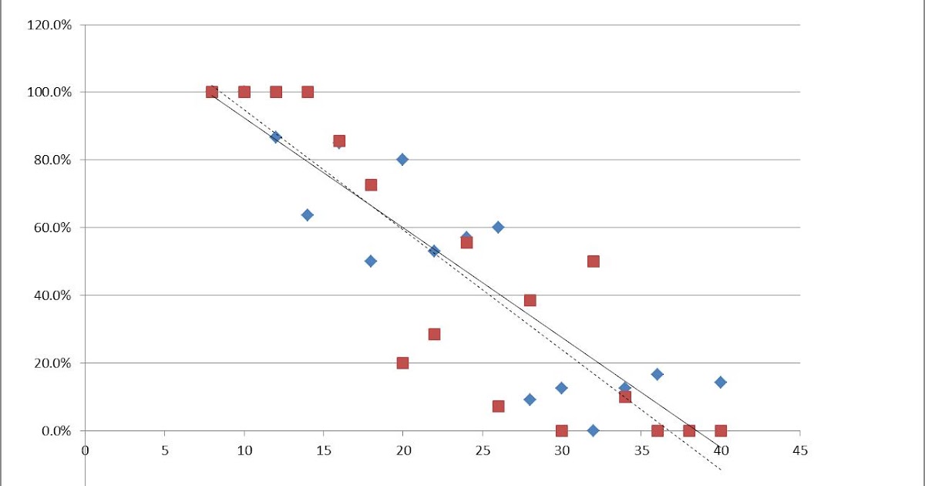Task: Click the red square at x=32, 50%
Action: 593,261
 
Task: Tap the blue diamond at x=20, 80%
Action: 402,160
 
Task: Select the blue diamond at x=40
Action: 720,382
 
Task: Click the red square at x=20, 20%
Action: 402,363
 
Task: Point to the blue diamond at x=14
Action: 307,215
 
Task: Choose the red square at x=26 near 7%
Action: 498,406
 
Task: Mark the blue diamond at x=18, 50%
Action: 371,261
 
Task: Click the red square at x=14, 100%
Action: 308,92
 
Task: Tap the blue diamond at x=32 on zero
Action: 593,430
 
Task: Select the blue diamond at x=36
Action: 657,374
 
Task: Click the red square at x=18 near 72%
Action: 371,185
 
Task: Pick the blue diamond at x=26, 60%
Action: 498,227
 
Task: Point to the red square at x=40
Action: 721,430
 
